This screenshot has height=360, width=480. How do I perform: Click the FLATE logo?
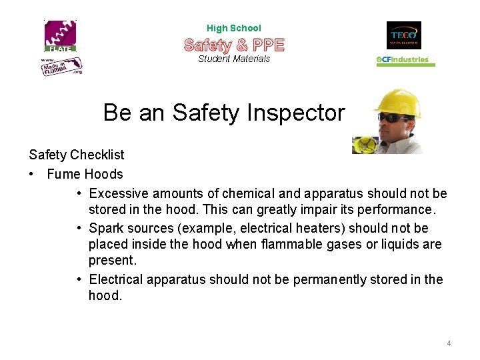click(60, 36)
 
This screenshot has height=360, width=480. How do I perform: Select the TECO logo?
click(404, 35)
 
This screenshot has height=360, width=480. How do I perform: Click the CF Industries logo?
click(404, 60)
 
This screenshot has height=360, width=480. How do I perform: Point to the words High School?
click(234, 28)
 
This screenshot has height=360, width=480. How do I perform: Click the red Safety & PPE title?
click(234, 45)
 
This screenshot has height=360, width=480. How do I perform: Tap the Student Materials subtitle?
click(234, 59)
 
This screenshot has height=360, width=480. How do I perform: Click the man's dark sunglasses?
click(395, 118)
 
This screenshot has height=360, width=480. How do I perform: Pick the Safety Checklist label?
click(77, 155)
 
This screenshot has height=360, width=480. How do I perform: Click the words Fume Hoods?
click(85, 174)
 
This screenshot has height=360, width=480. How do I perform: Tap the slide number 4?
click(449, 343)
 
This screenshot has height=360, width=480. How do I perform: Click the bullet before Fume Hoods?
click(32, 175)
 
